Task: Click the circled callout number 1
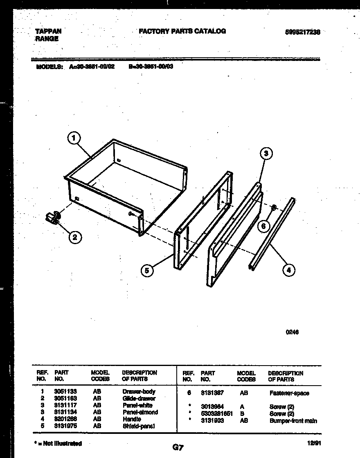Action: point(74,139)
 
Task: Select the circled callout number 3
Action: point(266,154)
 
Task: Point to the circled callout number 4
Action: point(289,269)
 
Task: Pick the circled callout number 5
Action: point(147,270)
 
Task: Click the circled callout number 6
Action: point(264,225)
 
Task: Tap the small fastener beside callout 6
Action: point(274,207)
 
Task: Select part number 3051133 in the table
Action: point(65,391)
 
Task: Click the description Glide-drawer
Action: point(139,398)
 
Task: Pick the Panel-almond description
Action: point(140,412)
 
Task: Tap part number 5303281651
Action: point(217,414)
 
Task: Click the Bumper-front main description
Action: point(293,421)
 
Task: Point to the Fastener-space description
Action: point(289,393)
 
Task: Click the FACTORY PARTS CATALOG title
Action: point(182,31)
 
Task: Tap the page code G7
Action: point(178,447)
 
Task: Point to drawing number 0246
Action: point(292,332)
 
